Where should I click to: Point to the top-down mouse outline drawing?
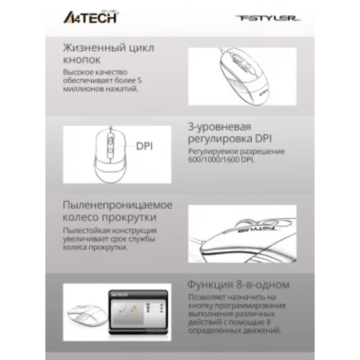(109, 148)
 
